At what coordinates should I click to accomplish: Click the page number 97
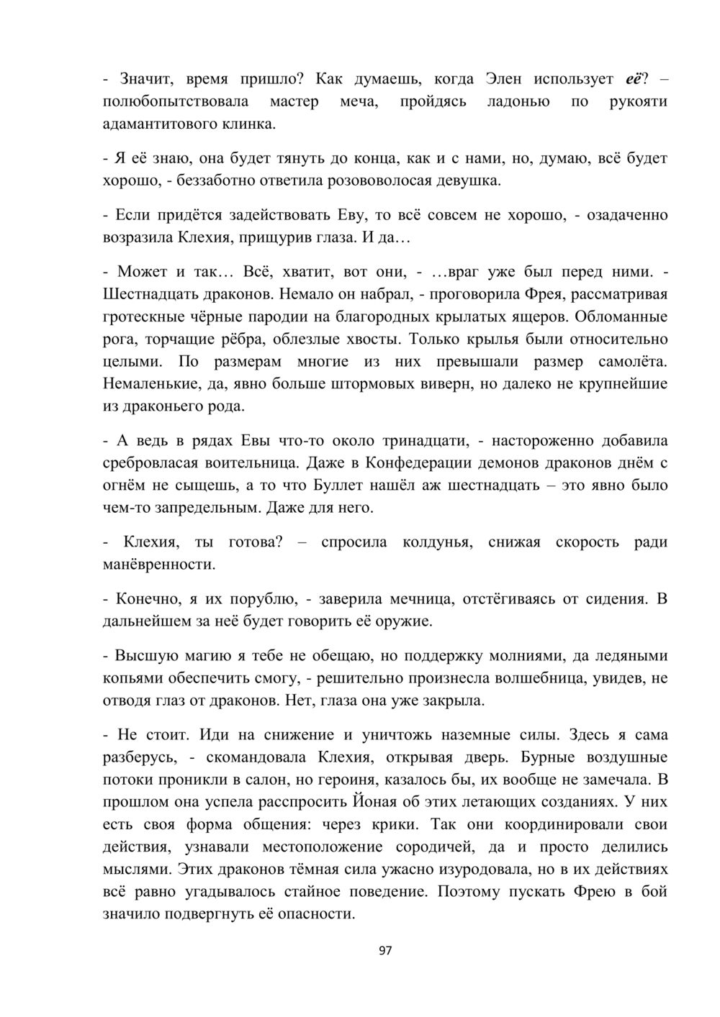[384, 951]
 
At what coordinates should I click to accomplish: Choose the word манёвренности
[158, 564]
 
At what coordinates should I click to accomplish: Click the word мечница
[420, 598]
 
